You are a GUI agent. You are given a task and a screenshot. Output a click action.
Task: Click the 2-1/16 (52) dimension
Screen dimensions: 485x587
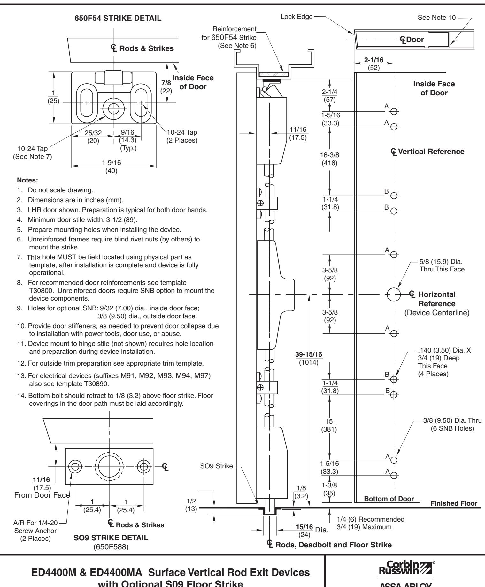tap(373, 63)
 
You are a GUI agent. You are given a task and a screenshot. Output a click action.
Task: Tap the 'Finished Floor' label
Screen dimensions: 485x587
tap(454, 503)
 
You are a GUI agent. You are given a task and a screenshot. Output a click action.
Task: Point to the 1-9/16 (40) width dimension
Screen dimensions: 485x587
tap(113, 166)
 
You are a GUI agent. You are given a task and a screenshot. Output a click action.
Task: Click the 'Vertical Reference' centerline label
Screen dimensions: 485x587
tap(429, 152)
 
